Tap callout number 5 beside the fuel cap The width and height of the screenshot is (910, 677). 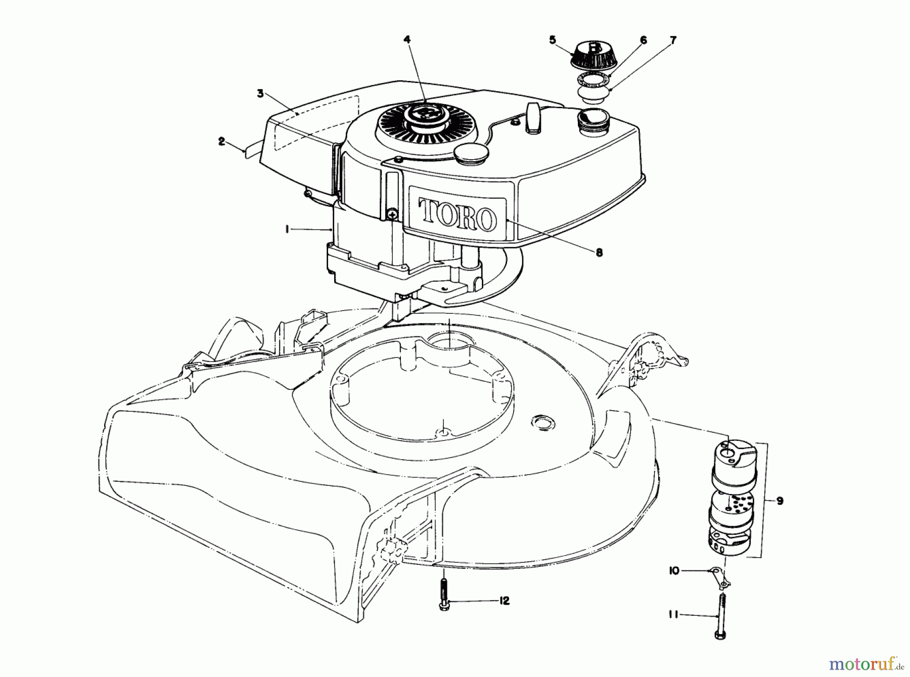552,39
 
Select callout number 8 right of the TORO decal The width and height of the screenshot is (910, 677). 599,253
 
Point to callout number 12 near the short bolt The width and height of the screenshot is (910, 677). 504,601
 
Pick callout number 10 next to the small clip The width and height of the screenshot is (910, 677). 673,570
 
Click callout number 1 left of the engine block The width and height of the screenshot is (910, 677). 287,229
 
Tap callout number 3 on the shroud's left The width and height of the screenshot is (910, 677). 260,93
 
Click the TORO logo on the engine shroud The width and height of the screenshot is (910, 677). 457,216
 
